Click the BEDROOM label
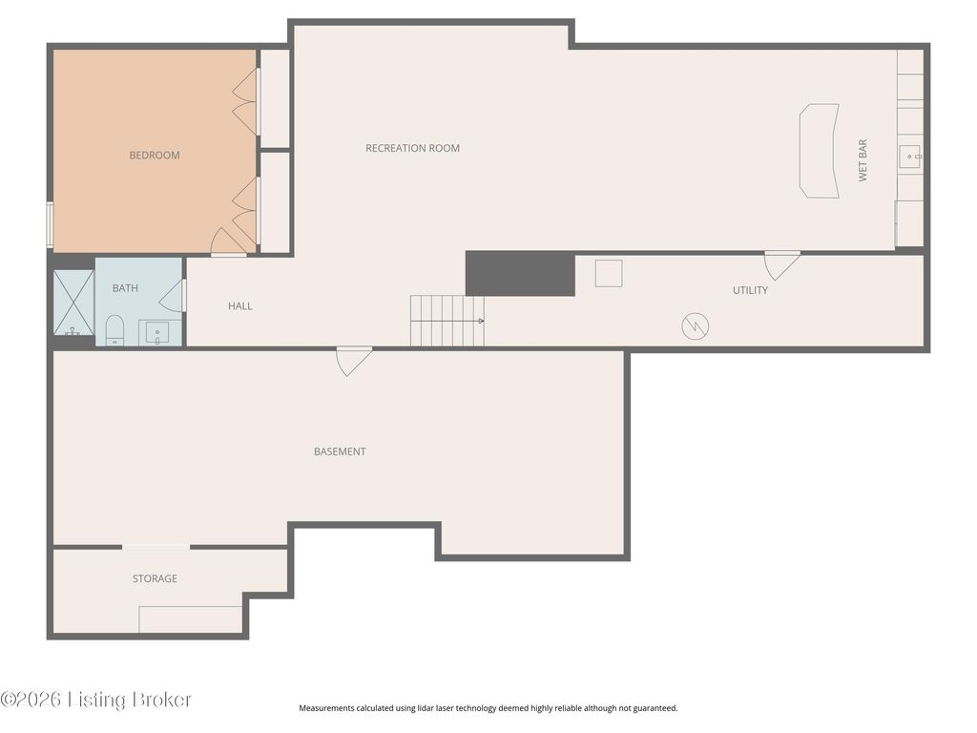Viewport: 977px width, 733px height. tap(155, 156)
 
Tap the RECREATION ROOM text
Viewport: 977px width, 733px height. tap(412, 148)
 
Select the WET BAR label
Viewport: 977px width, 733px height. tap(863, 160)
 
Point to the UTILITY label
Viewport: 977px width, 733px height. tap(750, 290)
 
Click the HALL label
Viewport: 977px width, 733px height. tap(239, 306)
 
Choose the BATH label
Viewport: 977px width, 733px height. tap(125, 288)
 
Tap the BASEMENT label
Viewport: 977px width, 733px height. tap(340, 451)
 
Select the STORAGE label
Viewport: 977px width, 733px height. tap(155, 578)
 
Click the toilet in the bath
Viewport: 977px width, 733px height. tap(114, 329)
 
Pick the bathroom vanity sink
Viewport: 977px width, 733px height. tap(157, 332)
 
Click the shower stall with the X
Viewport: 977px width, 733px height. tap(73, 303)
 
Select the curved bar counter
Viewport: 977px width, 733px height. tap(819, 151)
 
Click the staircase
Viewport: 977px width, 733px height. tap(447, 321)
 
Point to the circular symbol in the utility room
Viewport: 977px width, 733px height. tap(695, 326)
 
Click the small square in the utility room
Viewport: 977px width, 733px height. tap(608, 273)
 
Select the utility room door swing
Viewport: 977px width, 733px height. tap(781, 266)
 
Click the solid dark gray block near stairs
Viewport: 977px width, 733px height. tap(520, 274)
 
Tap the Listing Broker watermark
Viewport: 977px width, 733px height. tap(96, 700)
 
